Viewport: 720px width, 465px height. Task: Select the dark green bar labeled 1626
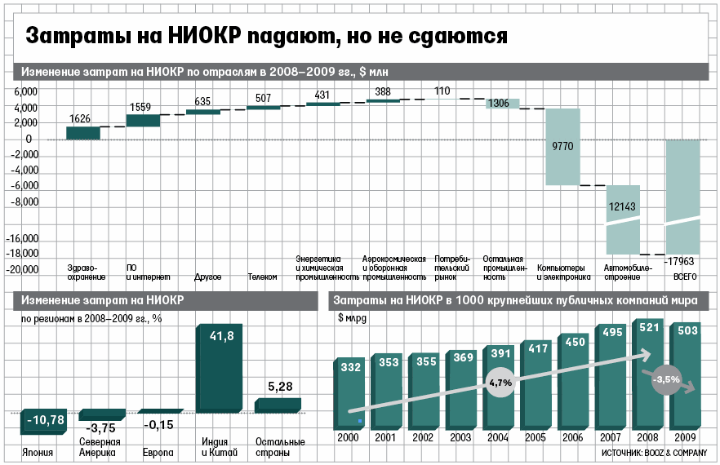click(x=82, y=133)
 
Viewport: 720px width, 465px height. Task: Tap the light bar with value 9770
click(x=562, y=147)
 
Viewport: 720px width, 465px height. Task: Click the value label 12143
click(x=623, y=207)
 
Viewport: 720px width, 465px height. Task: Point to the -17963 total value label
click(x=683, y=262)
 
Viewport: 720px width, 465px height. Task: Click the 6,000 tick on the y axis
click(x=26, y=91)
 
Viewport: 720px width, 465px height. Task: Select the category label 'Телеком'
click(x=263, y=277)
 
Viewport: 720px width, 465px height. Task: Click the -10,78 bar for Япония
click(x=47, y=420)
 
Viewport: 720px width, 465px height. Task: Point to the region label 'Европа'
click(x=158, y=452)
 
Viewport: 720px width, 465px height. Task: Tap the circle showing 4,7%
click(x=500, y=382)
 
